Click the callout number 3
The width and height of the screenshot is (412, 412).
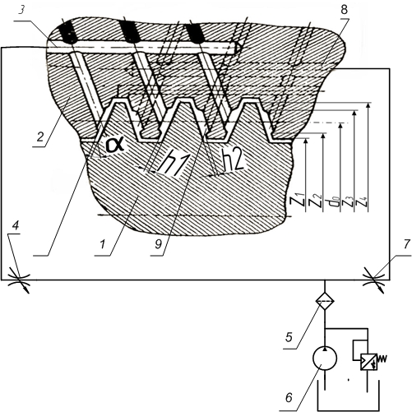(21, 12)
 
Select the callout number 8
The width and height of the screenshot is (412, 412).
(344, 10)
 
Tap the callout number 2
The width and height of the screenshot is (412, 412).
(40, 137)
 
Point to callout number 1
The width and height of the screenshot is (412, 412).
(103, 244)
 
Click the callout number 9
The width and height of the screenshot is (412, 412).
(158, 244)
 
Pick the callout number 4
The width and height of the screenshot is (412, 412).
(16, 225)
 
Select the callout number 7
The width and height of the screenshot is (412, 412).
(406, 244)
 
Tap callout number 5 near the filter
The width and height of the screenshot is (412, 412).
(289, 338)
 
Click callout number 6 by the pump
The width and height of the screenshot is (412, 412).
(289, 398)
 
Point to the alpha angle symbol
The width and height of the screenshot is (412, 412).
(115, 145)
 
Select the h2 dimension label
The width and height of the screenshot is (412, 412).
(233, 162)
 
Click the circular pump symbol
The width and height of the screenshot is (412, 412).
(325, 359)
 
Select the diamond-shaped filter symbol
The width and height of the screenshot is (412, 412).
(325, 301)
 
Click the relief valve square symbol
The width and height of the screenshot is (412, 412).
(368, 362)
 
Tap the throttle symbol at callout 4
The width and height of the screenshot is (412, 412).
(19, 280)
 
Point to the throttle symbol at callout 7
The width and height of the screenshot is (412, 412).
(375, 280)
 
